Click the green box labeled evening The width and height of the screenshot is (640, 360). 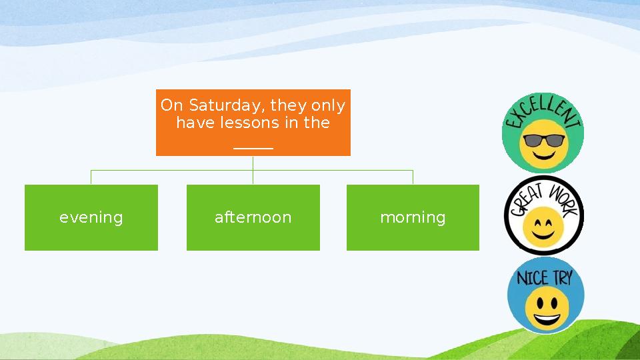point(91,217)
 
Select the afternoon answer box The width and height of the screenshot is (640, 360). point(253,217)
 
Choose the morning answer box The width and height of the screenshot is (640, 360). point(413,217)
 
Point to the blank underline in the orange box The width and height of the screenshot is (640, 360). point(253,149)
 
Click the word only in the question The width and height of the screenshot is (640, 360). point(328,106)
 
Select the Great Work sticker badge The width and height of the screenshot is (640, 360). point(544,215)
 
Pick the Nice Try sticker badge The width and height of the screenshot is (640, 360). point(546,295)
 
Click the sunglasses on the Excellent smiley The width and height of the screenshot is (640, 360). point(544,141)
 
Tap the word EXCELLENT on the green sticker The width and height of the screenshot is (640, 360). point(542,112)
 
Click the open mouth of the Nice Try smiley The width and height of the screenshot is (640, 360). point(547,318)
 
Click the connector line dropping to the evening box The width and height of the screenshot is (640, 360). point(91,177)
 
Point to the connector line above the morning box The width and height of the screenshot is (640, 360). point(413,177)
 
